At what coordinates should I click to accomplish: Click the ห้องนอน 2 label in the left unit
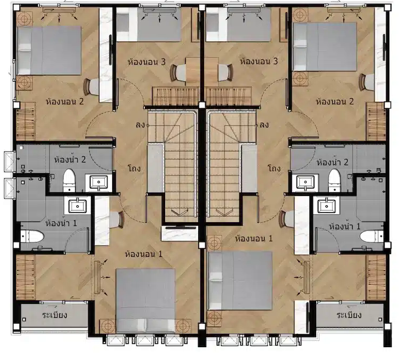[x=65, y=101]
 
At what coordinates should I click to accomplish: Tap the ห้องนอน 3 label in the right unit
[x=259, y=61]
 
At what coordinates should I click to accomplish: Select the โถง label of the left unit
[x=135, y=168]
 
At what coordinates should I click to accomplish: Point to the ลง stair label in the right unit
[x=264, y=125]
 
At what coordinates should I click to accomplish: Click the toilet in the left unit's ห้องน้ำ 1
[x=32, y=236]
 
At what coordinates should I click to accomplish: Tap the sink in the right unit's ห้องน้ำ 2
[x=306, y=182]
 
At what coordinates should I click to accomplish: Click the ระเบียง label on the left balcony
[x=55, y=315]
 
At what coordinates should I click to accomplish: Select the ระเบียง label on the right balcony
[x=349, y=315]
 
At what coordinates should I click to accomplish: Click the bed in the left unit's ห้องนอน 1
[x=146, y=301]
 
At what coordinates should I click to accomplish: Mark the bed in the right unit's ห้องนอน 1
[x=240, y=280]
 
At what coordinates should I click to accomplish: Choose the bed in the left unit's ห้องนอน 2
[x=49, y=50]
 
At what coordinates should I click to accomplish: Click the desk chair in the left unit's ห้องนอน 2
[x=91, y=87]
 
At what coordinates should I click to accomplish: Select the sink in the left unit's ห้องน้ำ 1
[x=77, y=206]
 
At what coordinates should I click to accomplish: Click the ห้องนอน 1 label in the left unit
[x=144, y=254]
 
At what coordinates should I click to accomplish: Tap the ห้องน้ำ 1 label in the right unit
[x=345, y=226]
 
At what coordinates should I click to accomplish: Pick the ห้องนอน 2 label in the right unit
[x=334, y=101]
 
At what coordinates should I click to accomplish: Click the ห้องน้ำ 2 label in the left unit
[x=70, y=159]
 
